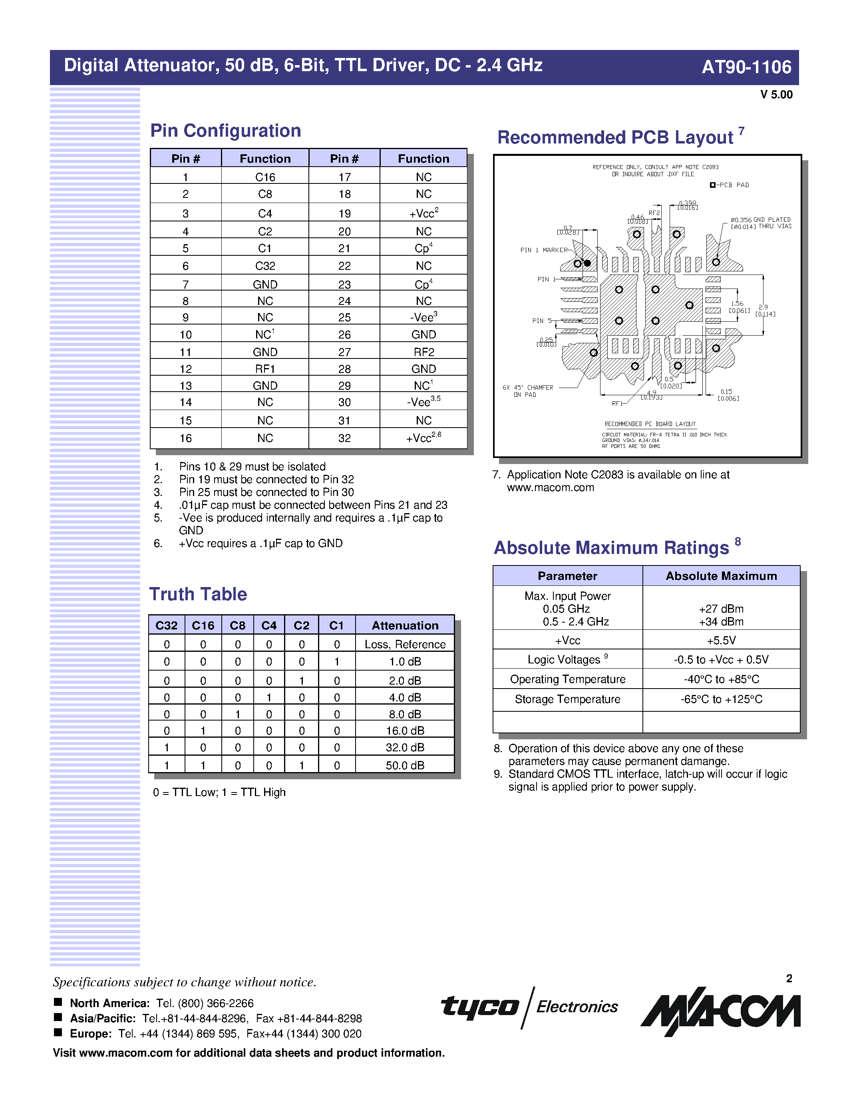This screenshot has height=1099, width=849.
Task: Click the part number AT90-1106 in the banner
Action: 746,67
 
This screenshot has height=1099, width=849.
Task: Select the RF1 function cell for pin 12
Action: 265,369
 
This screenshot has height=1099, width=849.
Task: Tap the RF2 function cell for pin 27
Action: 424,352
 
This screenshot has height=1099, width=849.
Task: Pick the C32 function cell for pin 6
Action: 265,266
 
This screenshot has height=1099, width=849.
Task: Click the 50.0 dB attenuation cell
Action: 405,765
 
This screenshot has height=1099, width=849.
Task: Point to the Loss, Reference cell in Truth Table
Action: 405,645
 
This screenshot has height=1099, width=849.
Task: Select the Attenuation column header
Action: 405,625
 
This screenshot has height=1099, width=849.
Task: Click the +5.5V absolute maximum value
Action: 721,641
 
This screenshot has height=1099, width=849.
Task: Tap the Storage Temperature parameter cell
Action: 567,699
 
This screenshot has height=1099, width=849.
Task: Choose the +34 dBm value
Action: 721,622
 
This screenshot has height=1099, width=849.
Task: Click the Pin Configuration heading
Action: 225,131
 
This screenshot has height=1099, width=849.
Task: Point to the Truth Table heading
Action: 198,594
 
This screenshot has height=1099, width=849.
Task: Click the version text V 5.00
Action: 776,95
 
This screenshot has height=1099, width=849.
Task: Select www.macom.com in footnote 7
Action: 550,488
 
